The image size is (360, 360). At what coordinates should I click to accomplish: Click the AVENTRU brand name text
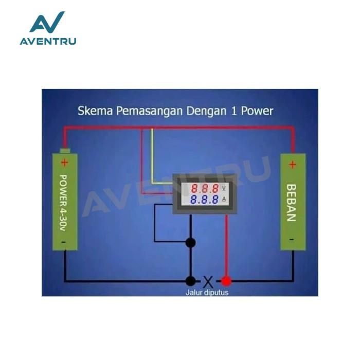tap(48, 41)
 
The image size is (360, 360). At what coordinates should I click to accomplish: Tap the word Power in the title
tap(257, 111)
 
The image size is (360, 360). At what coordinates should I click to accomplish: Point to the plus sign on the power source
tap(64, 163)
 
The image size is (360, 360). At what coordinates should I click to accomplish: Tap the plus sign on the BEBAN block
tap(293, 165)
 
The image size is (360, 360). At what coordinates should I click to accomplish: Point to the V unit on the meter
tap(224, 188)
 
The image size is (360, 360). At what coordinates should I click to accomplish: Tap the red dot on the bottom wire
tap(226, 281)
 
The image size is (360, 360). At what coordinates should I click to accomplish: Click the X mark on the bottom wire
tap(208, 281)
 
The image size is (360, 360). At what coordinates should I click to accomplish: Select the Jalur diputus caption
tap(207, 293)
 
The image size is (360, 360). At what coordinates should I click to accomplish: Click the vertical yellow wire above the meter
tap(152, 154)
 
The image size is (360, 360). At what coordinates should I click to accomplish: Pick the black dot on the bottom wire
tap(191, 281)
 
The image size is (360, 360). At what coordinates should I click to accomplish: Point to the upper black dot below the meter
tap(191, 243)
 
